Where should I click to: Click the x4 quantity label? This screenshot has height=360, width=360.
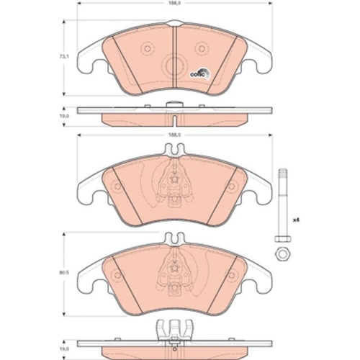(295, 218)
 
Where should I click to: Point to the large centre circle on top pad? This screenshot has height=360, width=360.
(175, 66)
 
